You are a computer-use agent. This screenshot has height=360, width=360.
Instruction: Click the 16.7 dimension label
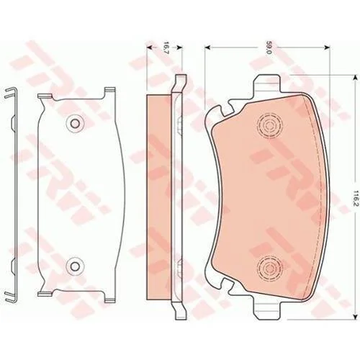pyautogui.click(x=166, y=48)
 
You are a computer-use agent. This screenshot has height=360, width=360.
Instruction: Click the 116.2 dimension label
pyautogui.click(x=356, y=199)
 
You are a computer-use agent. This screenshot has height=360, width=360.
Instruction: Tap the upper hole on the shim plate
pyautogui.click(x=76, y=123)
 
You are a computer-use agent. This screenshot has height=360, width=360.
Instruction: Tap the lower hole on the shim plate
pyautogui.click(x=76, y=266)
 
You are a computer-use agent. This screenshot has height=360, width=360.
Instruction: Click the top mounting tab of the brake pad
pyautogui.click(x=269, y=84)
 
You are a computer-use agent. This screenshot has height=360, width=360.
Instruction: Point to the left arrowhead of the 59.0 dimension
pyautogui.click(x=207, y=48)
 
